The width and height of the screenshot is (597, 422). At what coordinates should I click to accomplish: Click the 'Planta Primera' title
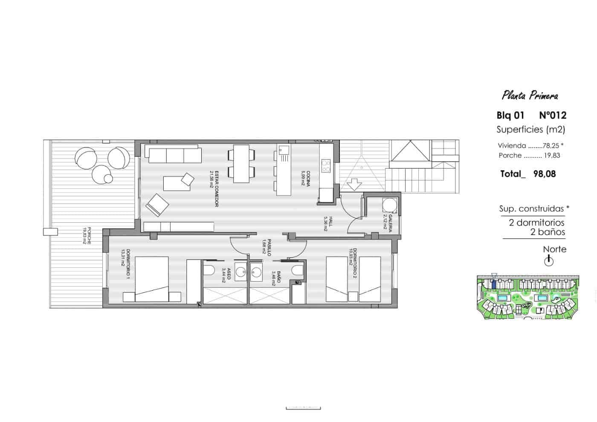pos(530,95)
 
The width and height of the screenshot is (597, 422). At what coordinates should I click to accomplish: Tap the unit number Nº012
pos(553,115)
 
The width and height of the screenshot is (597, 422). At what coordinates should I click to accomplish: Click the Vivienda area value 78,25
pos(551,146)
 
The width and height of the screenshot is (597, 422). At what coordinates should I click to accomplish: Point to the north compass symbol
pos(549,260)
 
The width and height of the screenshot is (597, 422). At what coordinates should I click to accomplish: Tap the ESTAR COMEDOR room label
pos(214,189)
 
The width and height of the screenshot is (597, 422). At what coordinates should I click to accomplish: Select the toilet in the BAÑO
pos(298,271)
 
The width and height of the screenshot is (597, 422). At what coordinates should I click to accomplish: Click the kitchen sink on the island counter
pos(284,150)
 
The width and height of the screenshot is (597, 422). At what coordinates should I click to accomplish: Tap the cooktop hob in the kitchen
pos(326,166)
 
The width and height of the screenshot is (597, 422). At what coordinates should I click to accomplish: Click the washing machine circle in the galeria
pos(389,205)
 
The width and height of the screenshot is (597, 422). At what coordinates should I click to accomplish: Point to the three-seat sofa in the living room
pos(173,154)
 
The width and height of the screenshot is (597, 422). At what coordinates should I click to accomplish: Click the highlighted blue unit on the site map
pos(494,284)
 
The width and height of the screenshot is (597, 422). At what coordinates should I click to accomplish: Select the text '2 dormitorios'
pos(536,222)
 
